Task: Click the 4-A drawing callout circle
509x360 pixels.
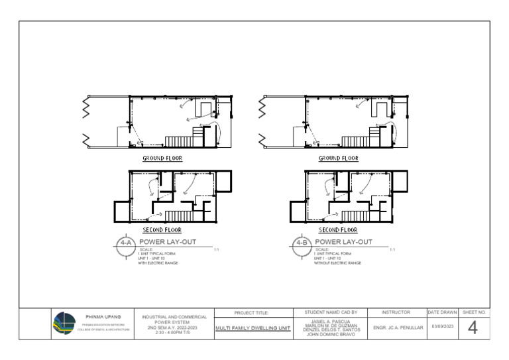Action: click(x=125, y=243)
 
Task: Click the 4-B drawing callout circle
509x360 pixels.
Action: click(x=302, y=243)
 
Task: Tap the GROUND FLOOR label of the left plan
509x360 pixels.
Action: click(x=162, y=158)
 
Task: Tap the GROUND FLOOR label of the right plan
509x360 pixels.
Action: click(x=338, y=158)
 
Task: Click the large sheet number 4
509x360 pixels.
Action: click(x=473, y=328)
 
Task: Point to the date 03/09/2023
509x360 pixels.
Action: click(x=443, y=327)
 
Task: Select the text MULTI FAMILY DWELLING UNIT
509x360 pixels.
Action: click(x=253, y=328)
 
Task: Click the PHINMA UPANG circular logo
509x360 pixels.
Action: click(x=66, y=323)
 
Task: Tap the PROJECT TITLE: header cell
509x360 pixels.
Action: click(x=253, y=312)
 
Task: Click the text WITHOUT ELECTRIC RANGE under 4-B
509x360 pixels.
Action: click(x=337, y=263)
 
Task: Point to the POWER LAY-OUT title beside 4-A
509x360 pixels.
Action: click(x=167, y=242)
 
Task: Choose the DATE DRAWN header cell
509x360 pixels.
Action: click(x=443, y=312)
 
